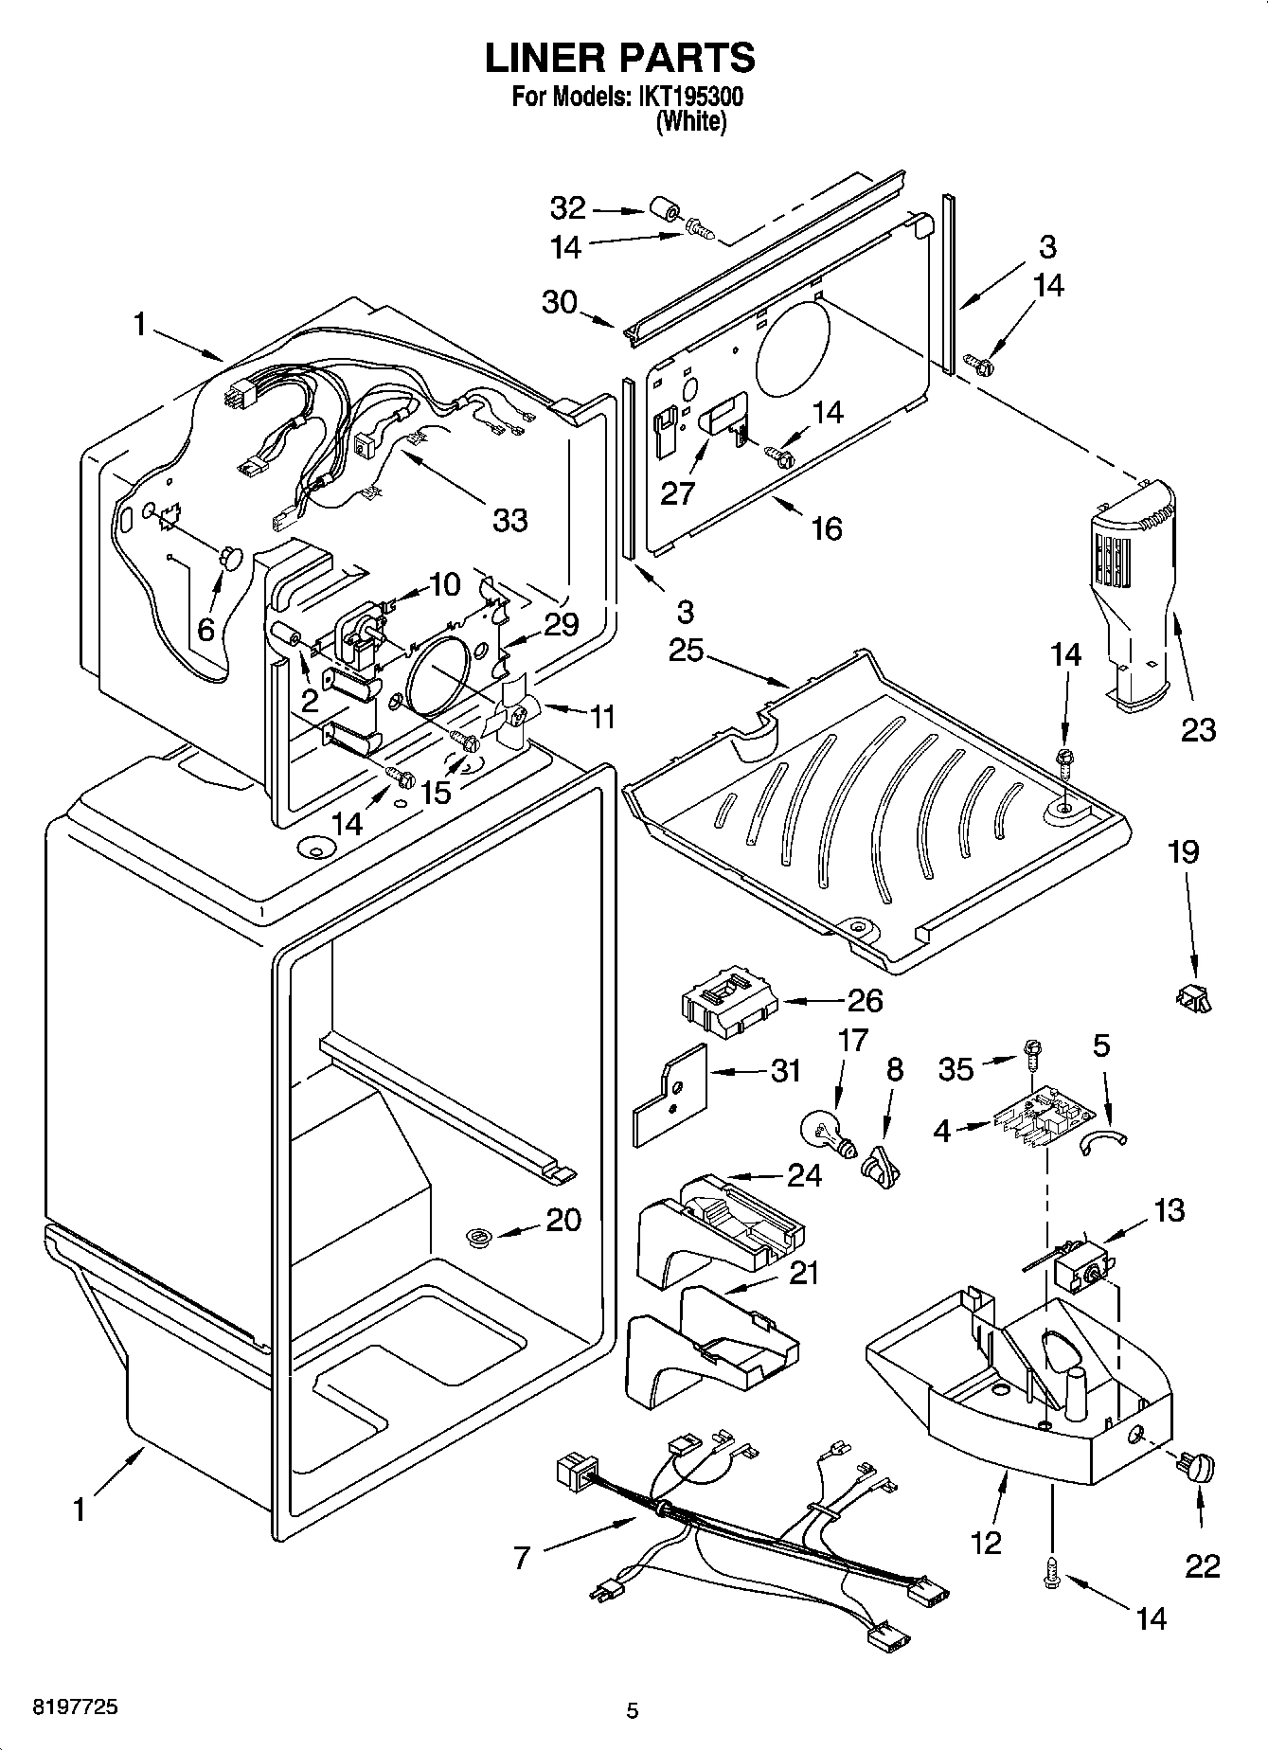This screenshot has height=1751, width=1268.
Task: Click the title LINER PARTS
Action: click(620, 59)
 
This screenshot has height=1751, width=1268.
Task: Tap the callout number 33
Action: click(509, 519)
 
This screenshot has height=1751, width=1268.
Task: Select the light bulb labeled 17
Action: click(825, 1130)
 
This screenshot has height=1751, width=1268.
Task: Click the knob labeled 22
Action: click(1194, 1467)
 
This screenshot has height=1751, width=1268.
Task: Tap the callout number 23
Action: click(1197, 729)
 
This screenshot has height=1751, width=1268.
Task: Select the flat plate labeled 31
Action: click(670, 1095)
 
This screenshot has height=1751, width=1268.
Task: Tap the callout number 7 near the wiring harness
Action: click(521, 1557)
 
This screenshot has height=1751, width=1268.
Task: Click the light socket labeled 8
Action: click(881, 1161)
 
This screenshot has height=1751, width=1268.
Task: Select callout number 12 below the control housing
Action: click(985, 1543)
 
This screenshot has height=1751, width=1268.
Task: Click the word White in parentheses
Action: click(691, 121)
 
